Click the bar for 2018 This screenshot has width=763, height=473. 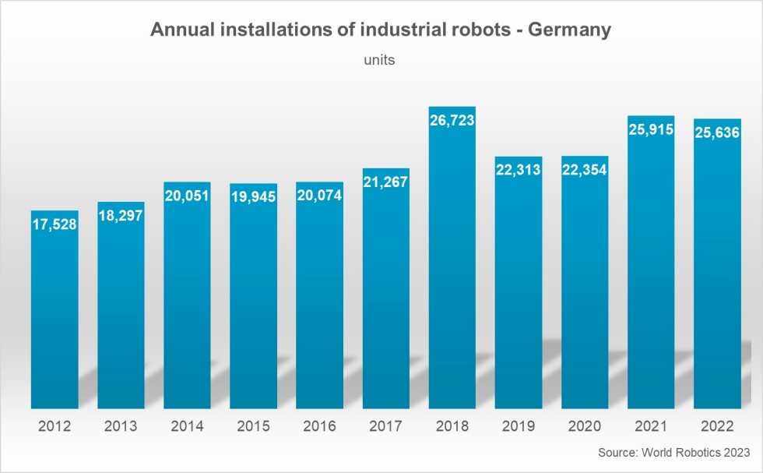coord(452,265)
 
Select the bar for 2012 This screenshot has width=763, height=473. coord(54,312)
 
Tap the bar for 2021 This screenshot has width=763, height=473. coord(651,265)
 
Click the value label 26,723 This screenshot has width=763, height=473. coord(452,121)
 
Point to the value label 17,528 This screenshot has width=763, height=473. coord(54,224)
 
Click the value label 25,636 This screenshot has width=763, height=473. coord(717,133)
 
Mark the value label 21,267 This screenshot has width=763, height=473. coord(385,182)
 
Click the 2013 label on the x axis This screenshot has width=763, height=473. coord(121,426)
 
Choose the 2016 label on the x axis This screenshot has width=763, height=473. coord(319,426)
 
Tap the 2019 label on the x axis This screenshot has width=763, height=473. coord(519,426)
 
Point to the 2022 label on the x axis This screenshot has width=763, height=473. coord(717,426)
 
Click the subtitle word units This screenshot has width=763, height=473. coord(380,59)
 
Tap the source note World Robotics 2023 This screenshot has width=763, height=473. coord(674,453)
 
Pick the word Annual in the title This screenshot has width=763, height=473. coord(179,30)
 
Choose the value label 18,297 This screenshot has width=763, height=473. coord(121,216)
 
